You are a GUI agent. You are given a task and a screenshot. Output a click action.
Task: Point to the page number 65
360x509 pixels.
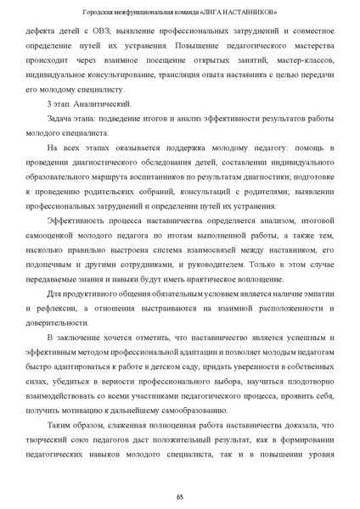(x=180, y=495)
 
